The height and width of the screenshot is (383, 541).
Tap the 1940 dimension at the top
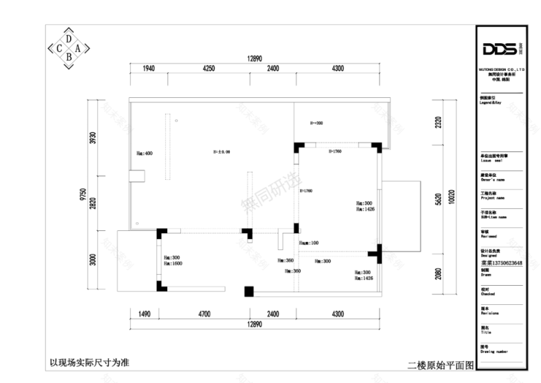tap(148, 68)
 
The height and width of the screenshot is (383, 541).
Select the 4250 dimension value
tap(208, 68)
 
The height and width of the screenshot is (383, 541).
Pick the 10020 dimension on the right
tap(451, 198)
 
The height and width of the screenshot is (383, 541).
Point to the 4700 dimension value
tap(204, 314)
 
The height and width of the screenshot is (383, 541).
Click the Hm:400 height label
tap(144, 153)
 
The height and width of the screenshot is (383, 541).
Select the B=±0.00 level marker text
tap(221, 151)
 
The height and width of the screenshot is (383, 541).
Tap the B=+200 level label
tap(317, 123)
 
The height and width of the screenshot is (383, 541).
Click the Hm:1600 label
tap(172, 264)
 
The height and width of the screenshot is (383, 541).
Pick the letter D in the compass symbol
tap(69, 38)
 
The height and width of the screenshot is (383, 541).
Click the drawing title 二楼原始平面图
tap(441, 365)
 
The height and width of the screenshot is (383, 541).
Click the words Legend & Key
tap(491, 103)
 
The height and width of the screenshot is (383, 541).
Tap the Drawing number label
tap(494, 352)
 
